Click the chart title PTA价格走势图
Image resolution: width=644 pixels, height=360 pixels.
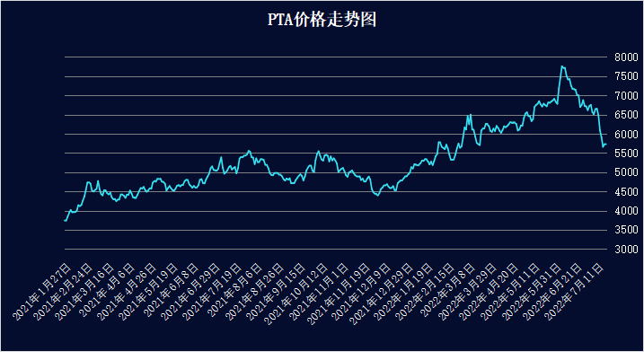321,20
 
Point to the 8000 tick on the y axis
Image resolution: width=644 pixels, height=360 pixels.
626,57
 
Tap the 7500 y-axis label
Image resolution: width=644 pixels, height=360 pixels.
626,76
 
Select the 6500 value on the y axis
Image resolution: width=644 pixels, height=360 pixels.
626,115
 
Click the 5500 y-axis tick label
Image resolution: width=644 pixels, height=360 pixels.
626,154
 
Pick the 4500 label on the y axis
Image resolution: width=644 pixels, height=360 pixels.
626,192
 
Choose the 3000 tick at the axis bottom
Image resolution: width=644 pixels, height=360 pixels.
626,250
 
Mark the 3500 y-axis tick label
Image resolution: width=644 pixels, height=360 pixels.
626,230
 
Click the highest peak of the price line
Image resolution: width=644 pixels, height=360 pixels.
561,66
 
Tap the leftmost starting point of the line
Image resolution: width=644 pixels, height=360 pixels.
65,220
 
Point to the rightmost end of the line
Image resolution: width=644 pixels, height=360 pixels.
606,144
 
